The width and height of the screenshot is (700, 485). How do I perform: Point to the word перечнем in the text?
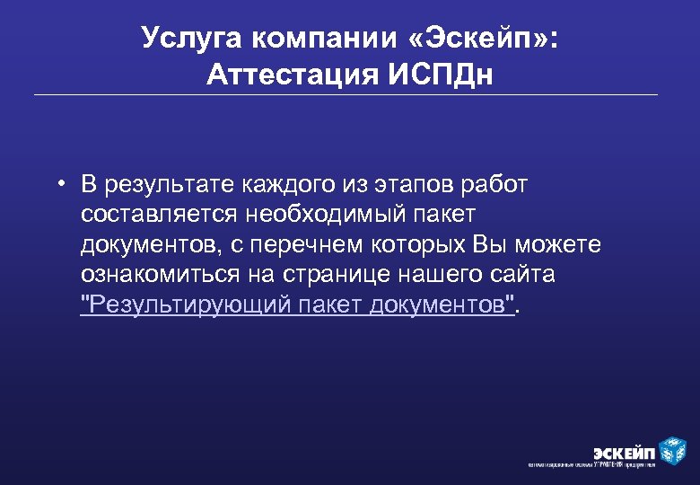327,245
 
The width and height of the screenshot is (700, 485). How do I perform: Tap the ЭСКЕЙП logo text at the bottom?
623,451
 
